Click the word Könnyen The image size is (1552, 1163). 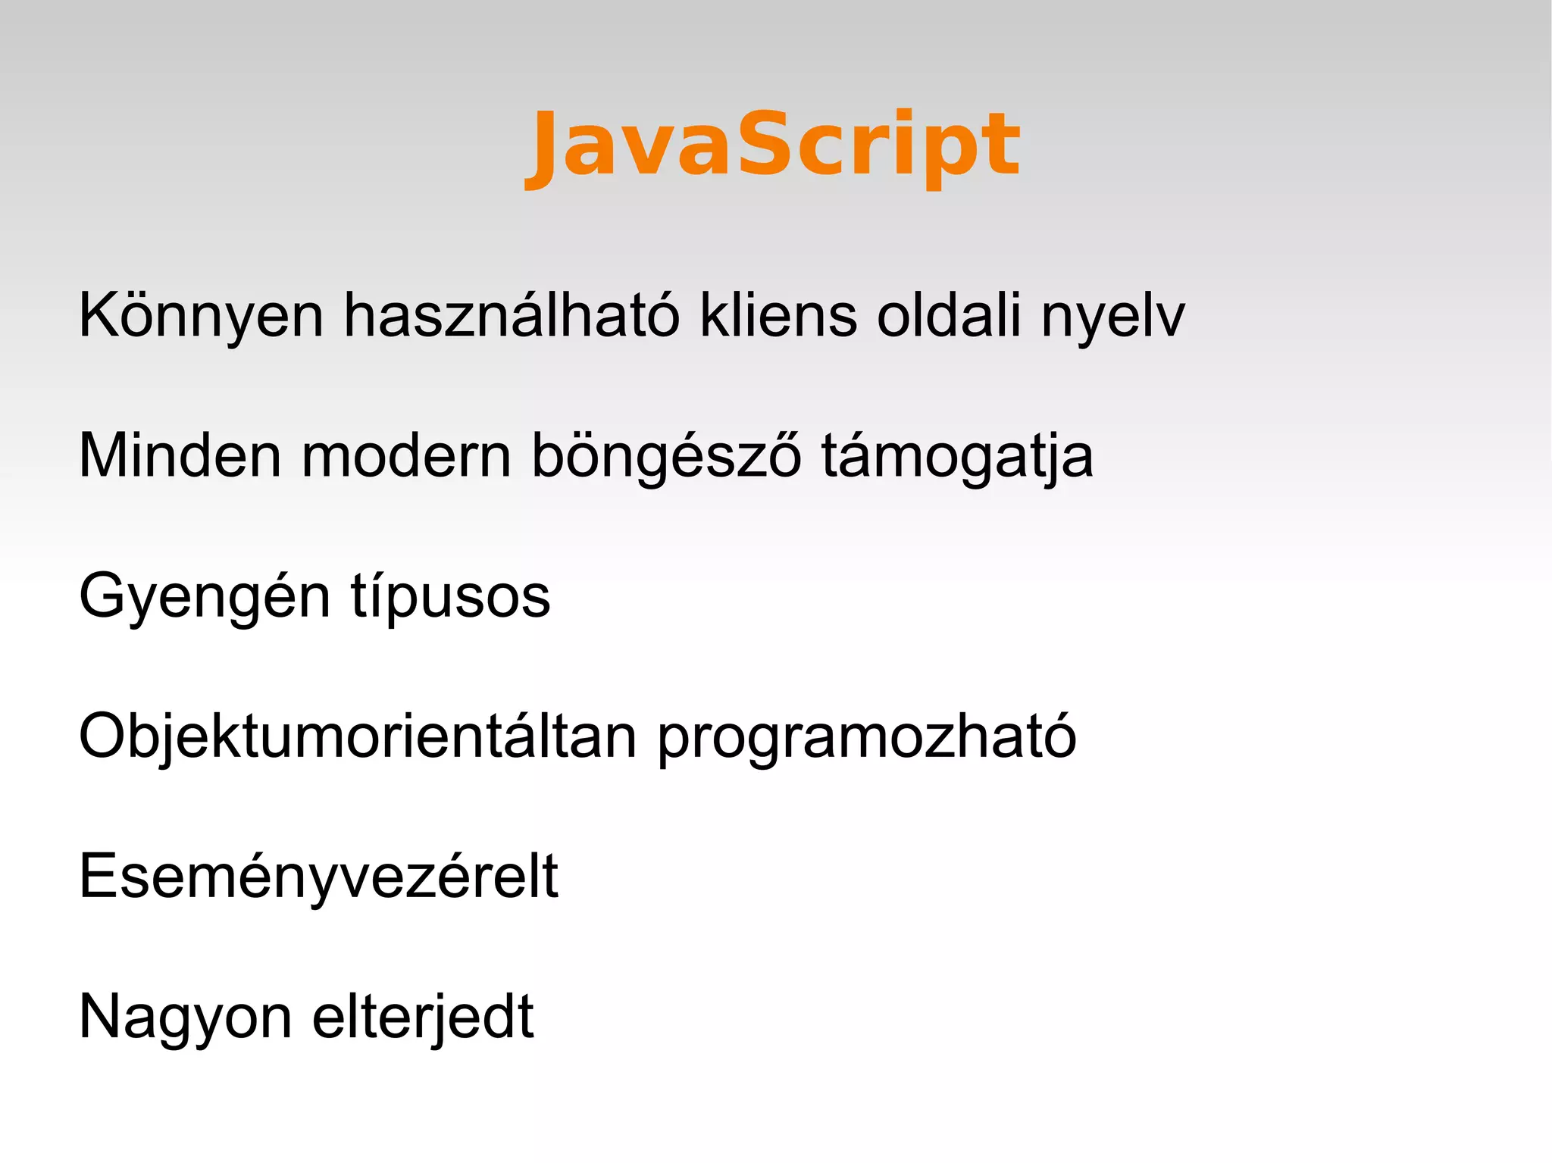click(202, 315)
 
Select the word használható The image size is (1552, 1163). click(512, 315)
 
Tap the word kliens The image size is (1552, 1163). click(778, 315)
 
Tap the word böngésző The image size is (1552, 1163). click(666, 457)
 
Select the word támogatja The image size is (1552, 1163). click(957, 457)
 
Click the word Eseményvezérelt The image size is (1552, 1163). click(318, 877)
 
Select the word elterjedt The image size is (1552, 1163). click(423, 1017)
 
